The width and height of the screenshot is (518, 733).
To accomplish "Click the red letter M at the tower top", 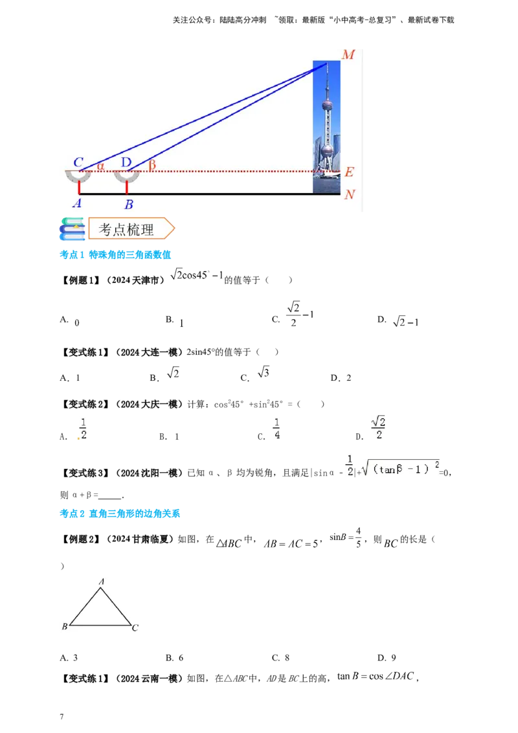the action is tap(348, 54).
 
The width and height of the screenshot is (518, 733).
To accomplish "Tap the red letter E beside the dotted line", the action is tap(349, 172).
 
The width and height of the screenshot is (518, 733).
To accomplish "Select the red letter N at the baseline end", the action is tap(350, 194).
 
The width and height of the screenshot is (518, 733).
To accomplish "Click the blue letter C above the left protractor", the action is tap(78, 162).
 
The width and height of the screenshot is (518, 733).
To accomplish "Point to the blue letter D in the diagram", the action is tap(126, 162).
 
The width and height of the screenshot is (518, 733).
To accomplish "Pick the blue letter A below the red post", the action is tap(77, 203).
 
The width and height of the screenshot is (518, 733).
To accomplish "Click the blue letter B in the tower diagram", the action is tap(129, 205).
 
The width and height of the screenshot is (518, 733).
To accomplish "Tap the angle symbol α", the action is tap(100, 166).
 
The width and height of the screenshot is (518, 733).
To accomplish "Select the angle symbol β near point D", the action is tap(152, 165).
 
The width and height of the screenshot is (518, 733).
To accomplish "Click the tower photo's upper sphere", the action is tap(328, 104).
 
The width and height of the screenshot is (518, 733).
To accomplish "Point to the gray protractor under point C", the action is tap(80, 177).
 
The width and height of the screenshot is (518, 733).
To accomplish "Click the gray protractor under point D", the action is tap(127, 177).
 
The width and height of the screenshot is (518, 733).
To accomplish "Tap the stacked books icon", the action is tap(72, 229).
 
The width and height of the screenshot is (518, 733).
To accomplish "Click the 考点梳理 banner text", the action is tap(126, 229).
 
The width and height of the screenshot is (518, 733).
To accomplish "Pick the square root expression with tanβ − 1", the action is tap(400, 468).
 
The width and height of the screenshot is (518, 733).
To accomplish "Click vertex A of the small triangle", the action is tap(102, 582).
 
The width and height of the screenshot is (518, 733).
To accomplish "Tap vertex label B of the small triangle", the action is tap(65, 627).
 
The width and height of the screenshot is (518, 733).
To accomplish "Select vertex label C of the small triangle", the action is tap(135, 627).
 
